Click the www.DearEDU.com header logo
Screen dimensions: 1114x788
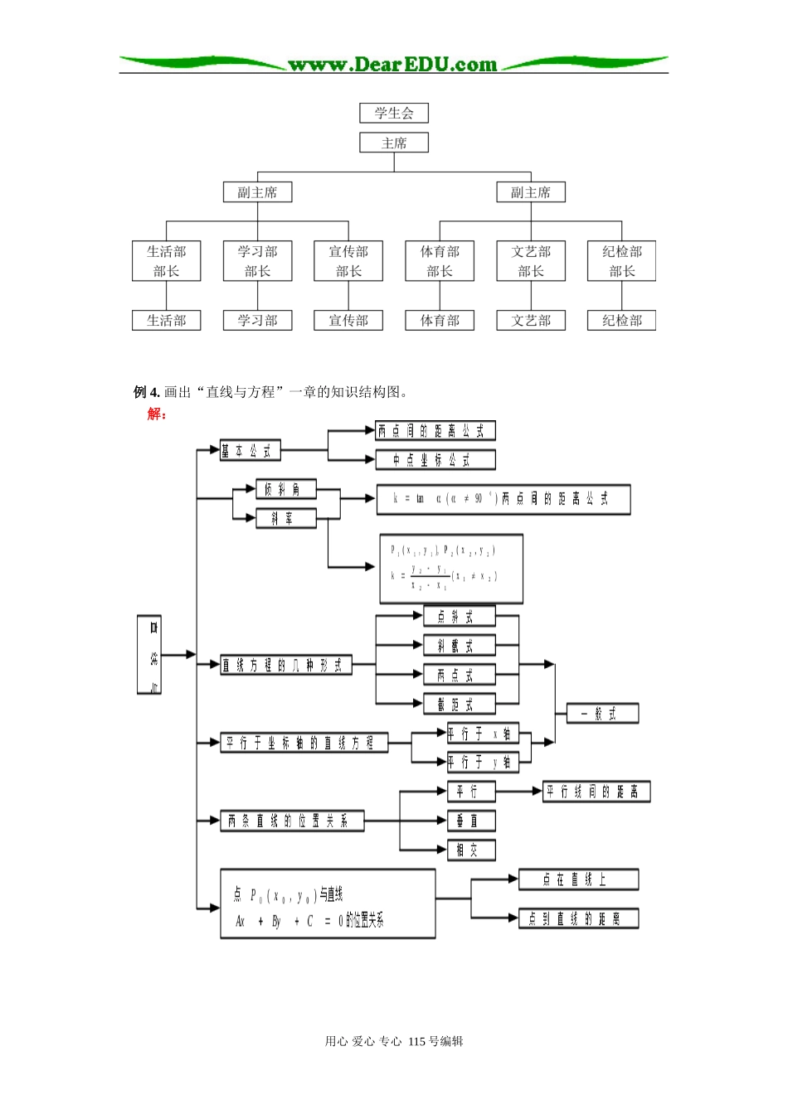pyautogui.click(x=393, y=64)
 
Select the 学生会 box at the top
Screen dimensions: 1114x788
pyautogui.click(x=394, y=114)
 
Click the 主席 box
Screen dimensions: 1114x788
pyautogui.click(x=394, y=143)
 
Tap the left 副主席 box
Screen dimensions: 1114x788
pyautogui.click(x=257, y=193)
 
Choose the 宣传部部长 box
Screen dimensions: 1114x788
pyautogui.click(x=348, y=261)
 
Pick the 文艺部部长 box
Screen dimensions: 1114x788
pyautogui.click(x=531, y=261)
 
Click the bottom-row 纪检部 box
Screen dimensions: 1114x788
pyautogui.click(x=621, y=321)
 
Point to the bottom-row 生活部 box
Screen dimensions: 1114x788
pyautogui.click(x=167, y=321)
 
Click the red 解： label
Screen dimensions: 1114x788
pyautogui.click(x=157, y=414)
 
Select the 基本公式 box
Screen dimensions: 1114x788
pyautogui.click(x=250, y=451)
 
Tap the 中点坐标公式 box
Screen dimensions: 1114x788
pyautogui.click(x=435, y=460)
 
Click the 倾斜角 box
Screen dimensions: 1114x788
pyautogui.click(x=286, y=490)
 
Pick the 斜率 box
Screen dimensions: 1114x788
pyautogui.click(x=286, y=519)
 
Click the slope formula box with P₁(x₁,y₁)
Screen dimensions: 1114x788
pyautogui.click(x=451, y=569)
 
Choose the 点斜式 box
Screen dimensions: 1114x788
pyautogui.click(x=459, y=617)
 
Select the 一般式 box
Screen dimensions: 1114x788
pyautogui.click(x=602, y=714)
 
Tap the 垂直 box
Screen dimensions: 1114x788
pyautogui.click(x=471, y=821)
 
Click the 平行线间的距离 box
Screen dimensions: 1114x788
pyautogui.click(x=596, y=792)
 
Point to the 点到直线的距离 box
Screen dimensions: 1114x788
pyautogui.click(x=578, y=918)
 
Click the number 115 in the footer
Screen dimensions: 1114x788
pyautogui.click(x=416, y=1042)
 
